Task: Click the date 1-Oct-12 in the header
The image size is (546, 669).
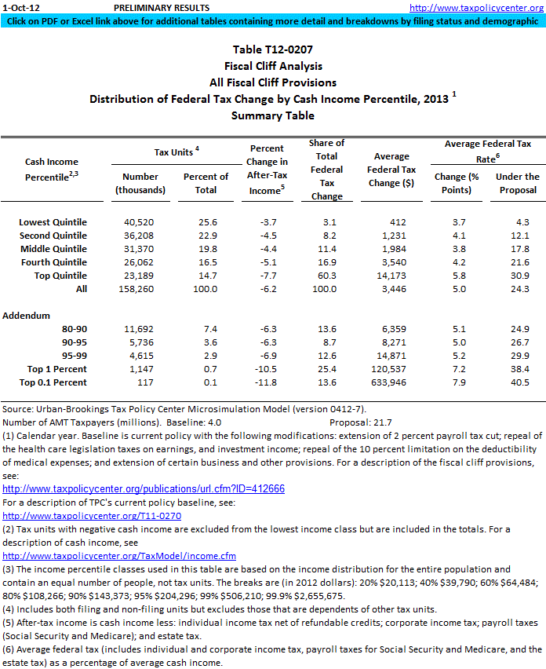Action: pos(18,7)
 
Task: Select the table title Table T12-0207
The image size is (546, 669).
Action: pos(272,51)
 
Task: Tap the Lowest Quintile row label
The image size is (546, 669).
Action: pos(53,222)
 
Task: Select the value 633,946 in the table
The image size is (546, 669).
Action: pos(395,382)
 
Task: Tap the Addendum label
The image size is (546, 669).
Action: pos(27,316)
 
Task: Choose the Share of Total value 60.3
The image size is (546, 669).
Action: pos(327,276)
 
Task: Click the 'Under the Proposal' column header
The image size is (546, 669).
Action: pos(518,183)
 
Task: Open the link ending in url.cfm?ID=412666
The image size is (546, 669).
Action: pos(144,488)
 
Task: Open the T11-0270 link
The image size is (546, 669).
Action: pos(92,516)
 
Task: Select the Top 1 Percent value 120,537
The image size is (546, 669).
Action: pos(395,369)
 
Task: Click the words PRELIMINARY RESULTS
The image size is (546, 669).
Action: pos(162,7)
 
